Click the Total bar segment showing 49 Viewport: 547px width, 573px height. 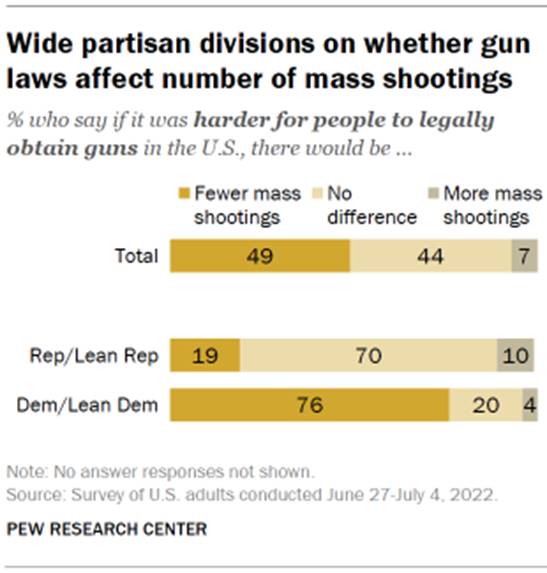[259, 256]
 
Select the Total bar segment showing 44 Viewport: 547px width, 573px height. [430, 256]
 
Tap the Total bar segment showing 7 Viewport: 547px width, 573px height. [522, 256]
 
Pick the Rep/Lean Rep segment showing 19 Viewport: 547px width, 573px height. [205, 355]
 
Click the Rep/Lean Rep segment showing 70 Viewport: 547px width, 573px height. [368, 355]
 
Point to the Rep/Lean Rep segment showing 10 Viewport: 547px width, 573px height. [514, 355]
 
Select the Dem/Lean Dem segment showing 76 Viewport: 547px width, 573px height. [309, 405]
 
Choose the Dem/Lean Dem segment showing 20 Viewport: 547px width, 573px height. [485, 405]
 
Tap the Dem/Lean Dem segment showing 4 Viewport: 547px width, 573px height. [528, 405]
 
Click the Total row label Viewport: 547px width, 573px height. [137, 257]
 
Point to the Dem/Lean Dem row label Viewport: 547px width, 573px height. [107, 405]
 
